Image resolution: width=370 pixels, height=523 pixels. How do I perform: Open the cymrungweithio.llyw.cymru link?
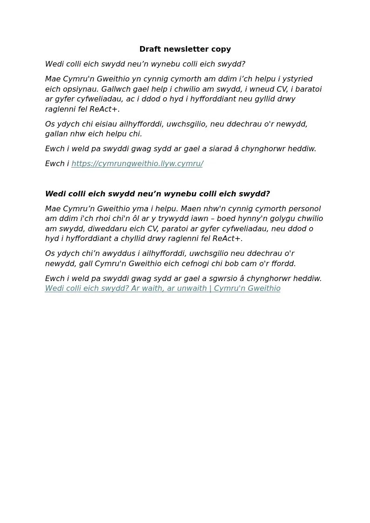(137, 164)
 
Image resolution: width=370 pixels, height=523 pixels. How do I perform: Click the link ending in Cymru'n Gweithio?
(162, 288)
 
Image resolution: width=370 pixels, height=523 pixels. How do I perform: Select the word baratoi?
(307, 89)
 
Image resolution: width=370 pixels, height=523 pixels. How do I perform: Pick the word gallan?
(56, 134)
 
